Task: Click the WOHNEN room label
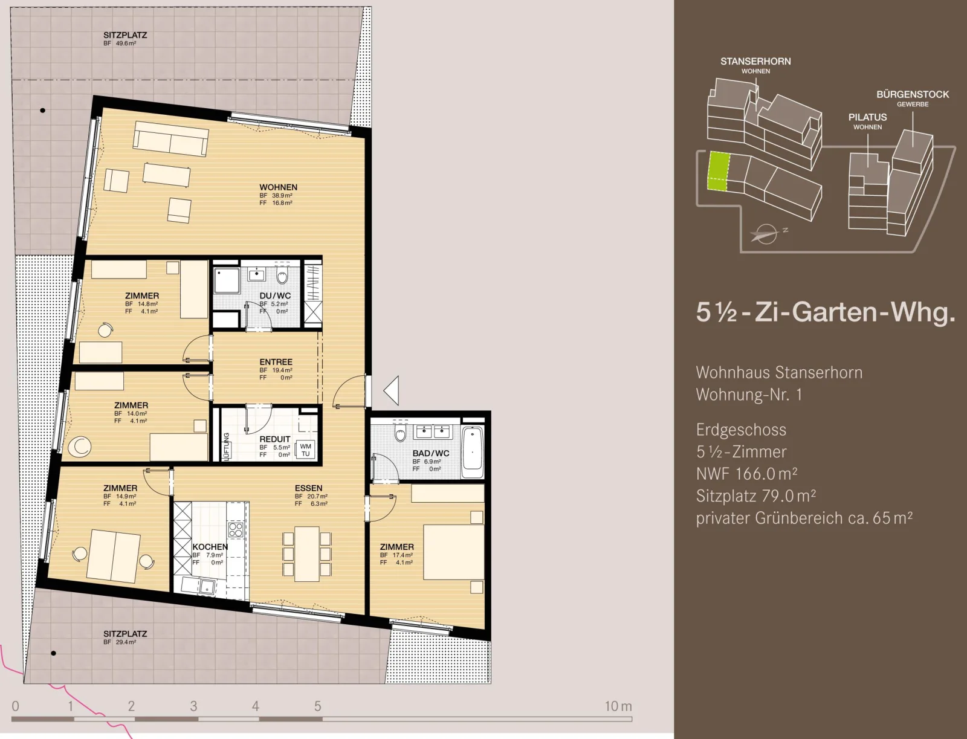278,187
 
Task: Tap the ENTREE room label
276,362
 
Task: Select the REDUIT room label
275,439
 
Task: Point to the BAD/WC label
431,453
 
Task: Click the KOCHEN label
210,546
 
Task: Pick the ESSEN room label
308,488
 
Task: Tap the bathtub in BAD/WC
473,452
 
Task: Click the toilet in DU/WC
282,276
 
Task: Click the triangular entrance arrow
392,390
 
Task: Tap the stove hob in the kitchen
236,529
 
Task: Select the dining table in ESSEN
307,554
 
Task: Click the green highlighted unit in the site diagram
719,172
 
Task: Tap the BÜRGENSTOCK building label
913,94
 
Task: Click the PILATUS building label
867,117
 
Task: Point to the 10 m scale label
618,706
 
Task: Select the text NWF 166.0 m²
746,474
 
